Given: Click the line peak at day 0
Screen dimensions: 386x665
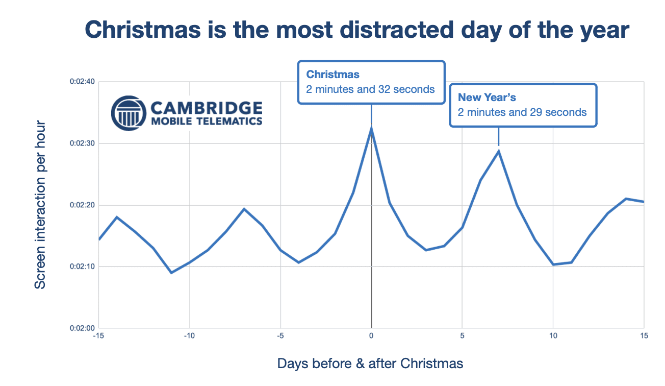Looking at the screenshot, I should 371,128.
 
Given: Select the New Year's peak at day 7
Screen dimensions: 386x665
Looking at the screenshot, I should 498,151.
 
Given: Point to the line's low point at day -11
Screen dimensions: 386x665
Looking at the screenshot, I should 171,273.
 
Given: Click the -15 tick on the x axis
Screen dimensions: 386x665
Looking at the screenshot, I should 99,336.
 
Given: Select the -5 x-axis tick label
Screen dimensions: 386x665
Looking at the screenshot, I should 280,336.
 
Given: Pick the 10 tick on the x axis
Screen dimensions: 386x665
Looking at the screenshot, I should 553,336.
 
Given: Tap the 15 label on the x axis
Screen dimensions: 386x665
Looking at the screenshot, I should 644,336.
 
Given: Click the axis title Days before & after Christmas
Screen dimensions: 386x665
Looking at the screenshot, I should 370,364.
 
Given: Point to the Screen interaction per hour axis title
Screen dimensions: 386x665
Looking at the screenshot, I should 40,205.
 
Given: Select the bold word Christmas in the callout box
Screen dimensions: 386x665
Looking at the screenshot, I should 332,75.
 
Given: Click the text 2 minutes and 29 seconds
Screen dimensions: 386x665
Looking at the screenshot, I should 522,112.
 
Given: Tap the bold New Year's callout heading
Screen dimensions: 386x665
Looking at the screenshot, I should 487,97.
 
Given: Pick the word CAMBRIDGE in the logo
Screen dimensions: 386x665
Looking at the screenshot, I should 206,108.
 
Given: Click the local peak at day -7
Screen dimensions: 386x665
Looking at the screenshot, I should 244,209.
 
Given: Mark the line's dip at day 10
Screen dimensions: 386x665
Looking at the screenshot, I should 553,264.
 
